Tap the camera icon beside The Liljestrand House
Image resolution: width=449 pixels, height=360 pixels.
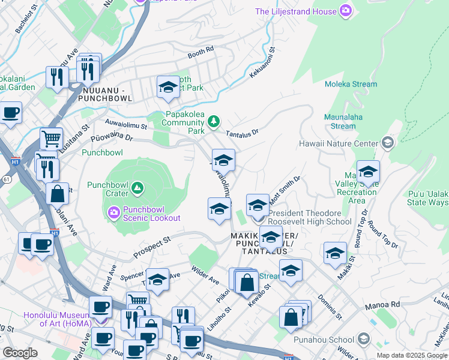point(345,10)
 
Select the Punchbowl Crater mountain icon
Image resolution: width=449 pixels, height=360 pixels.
point(138,188)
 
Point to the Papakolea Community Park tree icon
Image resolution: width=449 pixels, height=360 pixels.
point(213,122)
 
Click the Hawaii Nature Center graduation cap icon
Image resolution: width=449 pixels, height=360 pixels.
point(388,143)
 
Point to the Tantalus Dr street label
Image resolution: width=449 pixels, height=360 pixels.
point(242,133)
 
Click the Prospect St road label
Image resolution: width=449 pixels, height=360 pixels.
point(152,247)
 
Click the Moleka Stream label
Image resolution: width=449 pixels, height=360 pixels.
point(351,85)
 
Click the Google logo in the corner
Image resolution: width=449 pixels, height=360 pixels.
point(20,353)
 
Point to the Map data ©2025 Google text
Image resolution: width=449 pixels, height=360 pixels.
point(412,355)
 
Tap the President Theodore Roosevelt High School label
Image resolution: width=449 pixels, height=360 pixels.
point(309,217)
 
